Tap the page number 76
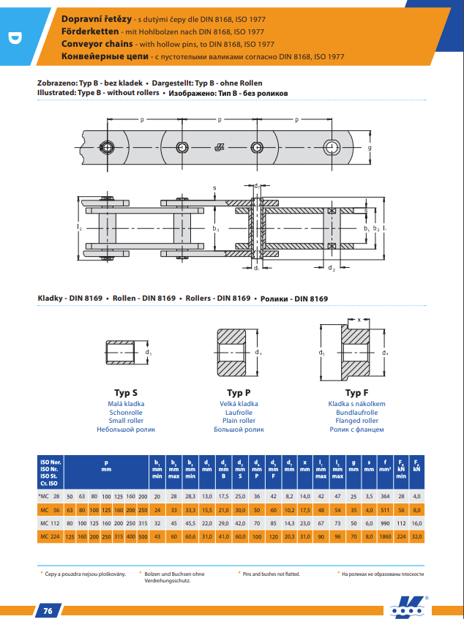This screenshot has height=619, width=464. click(x=48, y=610)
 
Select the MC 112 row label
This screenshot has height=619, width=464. click(x=50, y=523)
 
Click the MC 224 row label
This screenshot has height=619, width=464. click(x=50, y=537)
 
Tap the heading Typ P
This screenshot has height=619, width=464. click(x=238, y=392)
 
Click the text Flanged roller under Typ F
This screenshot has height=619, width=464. click(x=356, y=421)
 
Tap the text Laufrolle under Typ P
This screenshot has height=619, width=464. click(x=238, y=413)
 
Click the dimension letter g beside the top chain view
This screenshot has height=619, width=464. click(x=370, y=147)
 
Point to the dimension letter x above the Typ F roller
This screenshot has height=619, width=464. click(x=359, y=319)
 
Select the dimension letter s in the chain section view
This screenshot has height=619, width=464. click(x=214, y=188)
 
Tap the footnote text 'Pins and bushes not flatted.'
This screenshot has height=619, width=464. click(x=272, y=573)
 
